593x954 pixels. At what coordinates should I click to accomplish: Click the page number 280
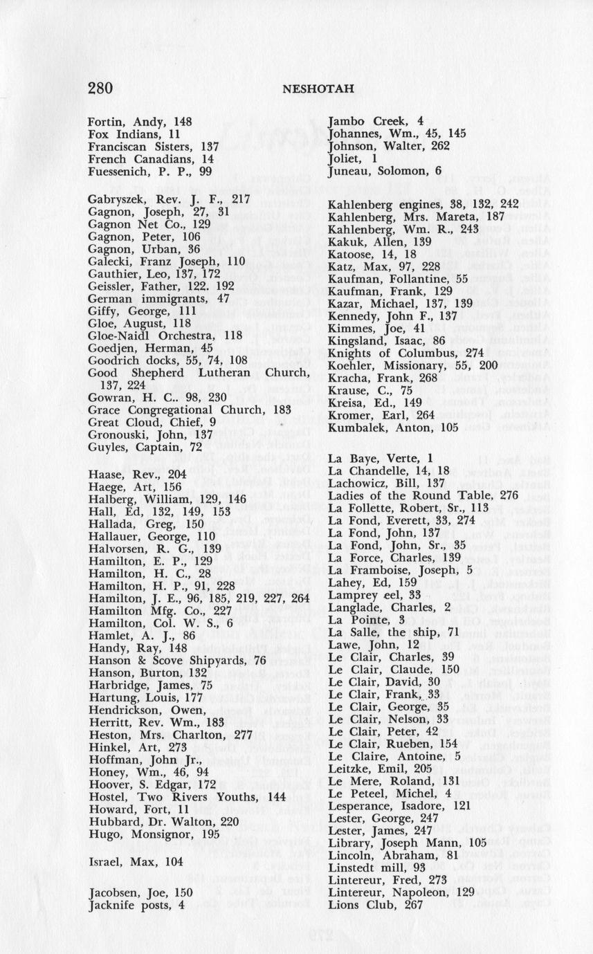point(100,88)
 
